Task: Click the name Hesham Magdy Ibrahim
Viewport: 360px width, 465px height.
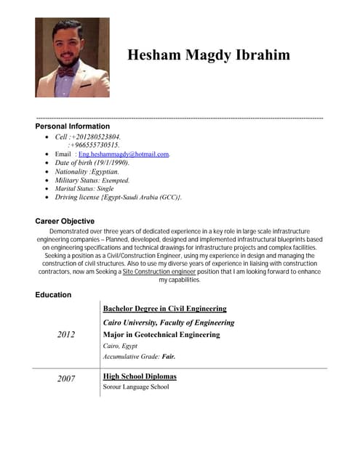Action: [208, 55]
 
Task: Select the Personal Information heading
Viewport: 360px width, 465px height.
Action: [73, 126]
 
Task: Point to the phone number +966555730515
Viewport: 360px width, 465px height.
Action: [94, 145]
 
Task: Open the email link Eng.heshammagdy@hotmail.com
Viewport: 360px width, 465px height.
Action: [124, 155]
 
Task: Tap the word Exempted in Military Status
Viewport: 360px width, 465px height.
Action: [115, 180]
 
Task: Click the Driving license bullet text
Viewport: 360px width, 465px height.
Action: [119, 197]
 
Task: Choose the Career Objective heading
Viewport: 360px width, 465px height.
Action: [65, 221]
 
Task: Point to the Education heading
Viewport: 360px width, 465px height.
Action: [53, 295]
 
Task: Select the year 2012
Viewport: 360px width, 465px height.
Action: [65, 334]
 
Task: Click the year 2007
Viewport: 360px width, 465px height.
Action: [66, 379]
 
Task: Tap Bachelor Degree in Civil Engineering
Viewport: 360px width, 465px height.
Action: [164, 309]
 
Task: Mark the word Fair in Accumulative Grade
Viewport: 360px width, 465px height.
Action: [168, 357]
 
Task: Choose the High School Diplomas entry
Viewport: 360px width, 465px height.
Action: [140, 376]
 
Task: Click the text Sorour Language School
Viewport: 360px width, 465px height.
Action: [136, 387]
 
